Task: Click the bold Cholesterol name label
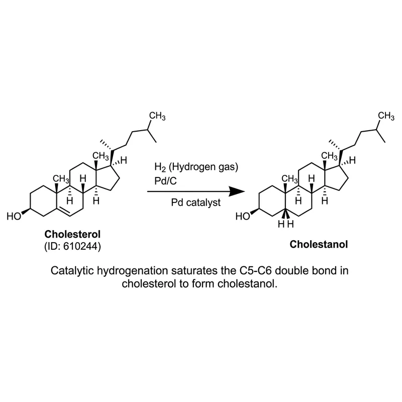[72, 234]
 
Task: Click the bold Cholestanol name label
[319, 244]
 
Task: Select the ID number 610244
[80, 246]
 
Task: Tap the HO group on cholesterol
[14, 217]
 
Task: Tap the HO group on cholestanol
[243, 217]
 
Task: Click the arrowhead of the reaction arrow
[237, 191]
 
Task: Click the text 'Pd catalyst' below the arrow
[196, 203]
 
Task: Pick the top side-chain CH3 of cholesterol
[157, 116]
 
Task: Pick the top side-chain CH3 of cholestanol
[386, 116]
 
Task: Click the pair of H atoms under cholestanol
[286, 224]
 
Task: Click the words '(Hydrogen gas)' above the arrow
[204, 167]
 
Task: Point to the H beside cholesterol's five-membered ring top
[124, 160]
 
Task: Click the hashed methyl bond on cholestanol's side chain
[335, 145]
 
